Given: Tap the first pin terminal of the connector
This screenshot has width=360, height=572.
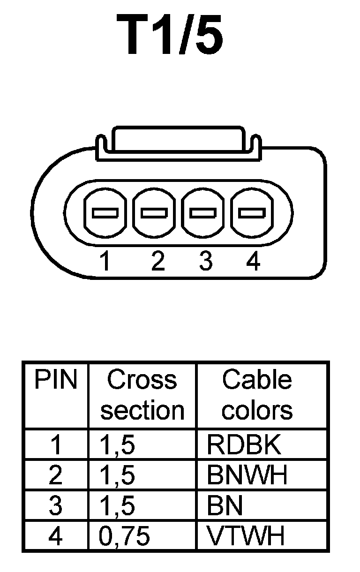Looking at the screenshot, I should pyautogui.click(x=105, y=213).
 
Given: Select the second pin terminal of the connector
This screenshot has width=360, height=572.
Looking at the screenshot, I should pyautogui.click(x=154, y=213).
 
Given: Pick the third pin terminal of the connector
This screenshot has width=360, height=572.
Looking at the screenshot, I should pyautogui.click(x=203, y=213).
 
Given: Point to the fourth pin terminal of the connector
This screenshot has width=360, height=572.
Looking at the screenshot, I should pyautogui.click(x=252, y=213).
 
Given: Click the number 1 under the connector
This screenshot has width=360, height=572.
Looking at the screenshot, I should pyautogui.click(x=106, y=261).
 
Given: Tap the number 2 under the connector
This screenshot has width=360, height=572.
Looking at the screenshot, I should pyautogui.click(x=158, y=261).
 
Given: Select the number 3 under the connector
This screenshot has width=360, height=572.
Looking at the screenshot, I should pyautogui.click(x=205, y=261).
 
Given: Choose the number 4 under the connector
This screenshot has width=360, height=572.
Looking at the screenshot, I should pyautogui.click(x=253, y=261).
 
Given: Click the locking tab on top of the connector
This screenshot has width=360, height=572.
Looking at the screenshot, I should pyautogui.click(x=178, y=139).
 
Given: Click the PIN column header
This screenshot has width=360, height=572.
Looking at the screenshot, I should pyautogui.click(x=55, y=380).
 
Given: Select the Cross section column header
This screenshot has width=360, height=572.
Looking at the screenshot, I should pyautogui.click(x=142, y=395).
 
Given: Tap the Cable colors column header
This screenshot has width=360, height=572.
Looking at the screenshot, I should pyautogui.click(x=257, y=395).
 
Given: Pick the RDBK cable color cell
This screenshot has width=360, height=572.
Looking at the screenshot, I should pyautogui.click(x=244, y=444).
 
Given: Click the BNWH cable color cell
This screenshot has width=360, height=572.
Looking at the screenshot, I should pyautogui.click(x=247, y=475).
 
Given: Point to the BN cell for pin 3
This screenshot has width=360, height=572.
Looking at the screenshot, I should pyautogui.click(x=225, y=505).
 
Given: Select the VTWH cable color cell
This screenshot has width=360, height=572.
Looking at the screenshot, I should pyautogui.click(x=246, y=535).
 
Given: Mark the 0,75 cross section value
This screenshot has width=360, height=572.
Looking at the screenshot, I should pyautogui.click(x=124, y=535).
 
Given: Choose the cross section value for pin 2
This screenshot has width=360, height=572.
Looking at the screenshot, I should pyautogui.click(x=117, y=475).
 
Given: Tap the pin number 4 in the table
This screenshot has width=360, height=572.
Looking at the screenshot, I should pyautogui.click(x=55, y=535).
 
